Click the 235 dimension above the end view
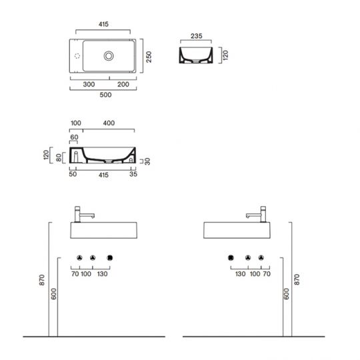coord(195,37)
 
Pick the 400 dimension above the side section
coord(108,123)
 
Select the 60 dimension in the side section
coord(74,137)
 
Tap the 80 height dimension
coord(60,158)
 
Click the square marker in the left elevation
coord(110,257)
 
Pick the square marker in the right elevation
coord(231,257)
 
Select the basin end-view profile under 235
coord(195,56)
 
